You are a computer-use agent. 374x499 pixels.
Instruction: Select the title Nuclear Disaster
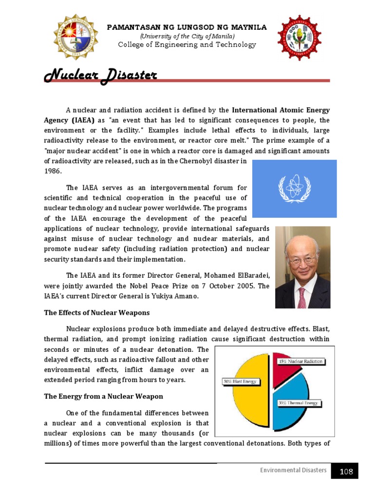tap(101, 76)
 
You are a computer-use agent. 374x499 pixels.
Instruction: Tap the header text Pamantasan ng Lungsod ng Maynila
tap(187, 27)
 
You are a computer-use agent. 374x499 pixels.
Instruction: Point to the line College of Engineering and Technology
tap(187, 45)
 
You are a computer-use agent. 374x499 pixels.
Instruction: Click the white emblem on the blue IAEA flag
tap(295, 189)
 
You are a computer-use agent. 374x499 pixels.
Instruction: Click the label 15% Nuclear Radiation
tap(301, 362)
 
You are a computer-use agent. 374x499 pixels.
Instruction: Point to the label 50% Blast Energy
tap(239, 382)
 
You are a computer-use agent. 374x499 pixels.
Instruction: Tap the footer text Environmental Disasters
tap(293, 470)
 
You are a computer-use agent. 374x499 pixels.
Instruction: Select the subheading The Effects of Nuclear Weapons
tap(97, 312)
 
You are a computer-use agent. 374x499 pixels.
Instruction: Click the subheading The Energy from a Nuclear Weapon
tap(104, 396)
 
